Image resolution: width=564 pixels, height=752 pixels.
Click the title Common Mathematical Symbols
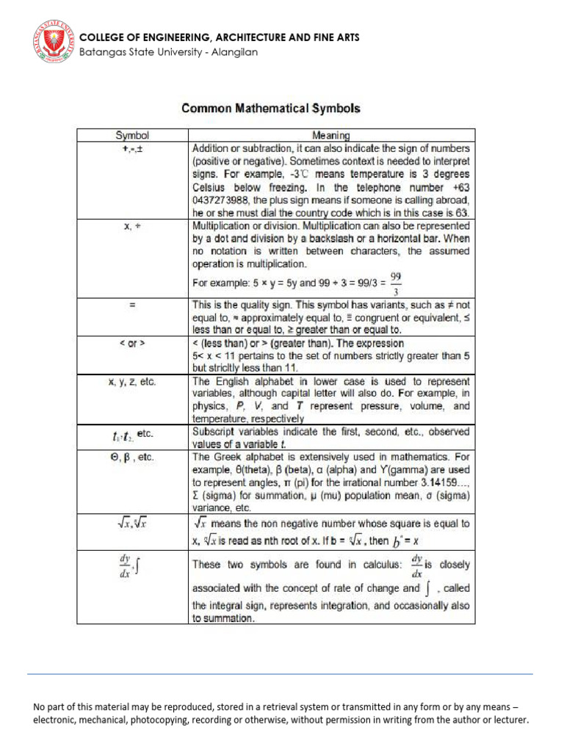coord(271,108)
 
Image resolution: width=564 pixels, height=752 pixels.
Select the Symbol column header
coord(132,135)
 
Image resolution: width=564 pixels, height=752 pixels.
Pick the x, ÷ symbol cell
coord(132,228)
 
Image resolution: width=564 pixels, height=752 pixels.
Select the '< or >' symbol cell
coord(132,344)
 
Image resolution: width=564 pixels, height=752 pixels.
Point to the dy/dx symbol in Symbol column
coord(125,566)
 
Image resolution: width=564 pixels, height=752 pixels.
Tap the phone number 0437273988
coord(225,200)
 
